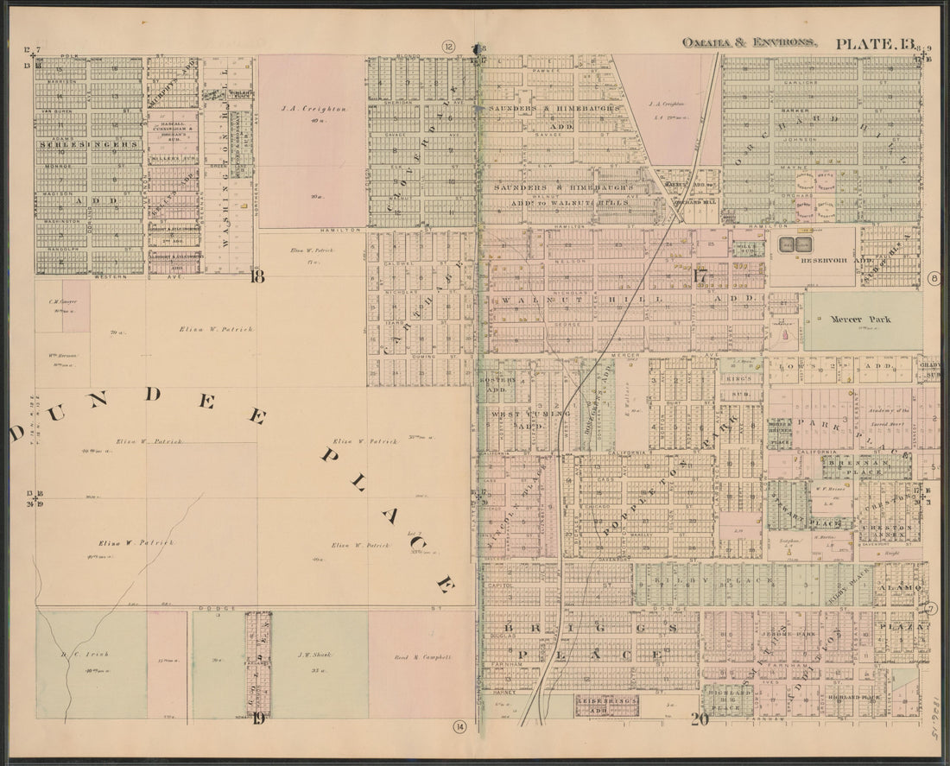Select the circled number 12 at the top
pyautogui.click(x=448, y=46)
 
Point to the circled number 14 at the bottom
pyautogui.click(x=460, y=727)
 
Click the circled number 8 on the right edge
pyautogui.click(x=934, y=278)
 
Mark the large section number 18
pyautogui.click(x=256, y=276)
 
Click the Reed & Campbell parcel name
pyautogui.click(x=423, y=657)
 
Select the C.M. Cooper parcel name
pyautogui.click(x=62, y=301)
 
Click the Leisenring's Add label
pyautogui.click(x=606, y=705)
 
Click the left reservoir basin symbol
pyautogui.click(x=786, y=245)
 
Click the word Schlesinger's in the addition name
pyautogui.click(x=87, y=145)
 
